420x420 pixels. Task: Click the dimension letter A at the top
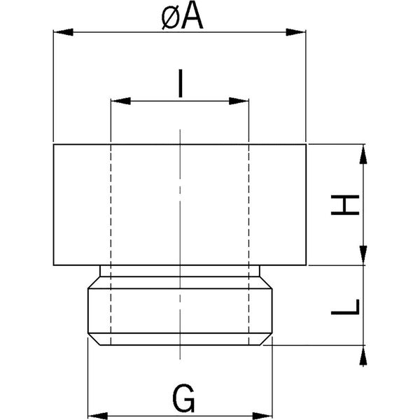pyautogui.click(x=192, y=17)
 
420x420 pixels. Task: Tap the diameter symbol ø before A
pyautogui.click(x=171, y=20)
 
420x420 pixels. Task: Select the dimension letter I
pyautogui.click(x=181, y=83)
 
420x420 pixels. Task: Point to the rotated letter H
pyautogui.click(x=345, y=205)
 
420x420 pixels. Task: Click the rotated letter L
pyautogui.click(x=345, y=307)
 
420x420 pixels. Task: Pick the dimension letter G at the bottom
pyautogui.click(x=183, y=398)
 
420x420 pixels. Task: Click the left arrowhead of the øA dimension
pyautogui.click(x=63, y=32)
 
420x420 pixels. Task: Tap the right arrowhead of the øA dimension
pyautogui.click(x=296, y=32)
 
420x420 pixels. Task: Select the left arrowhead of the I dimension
pyautogui.click(x=120, y=101)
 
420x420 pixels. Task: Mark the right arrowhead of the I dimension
pyautogui.click(x=239, y=101)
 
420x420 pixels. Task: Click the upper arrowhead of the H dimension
pyautogui.click(x=363, y=154)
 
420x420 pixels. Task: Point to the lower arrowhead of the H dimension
pyautogui.click(x=363, y=255)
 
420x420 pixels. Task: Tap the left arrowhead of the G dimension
pyautogui.click(x=98, y=416)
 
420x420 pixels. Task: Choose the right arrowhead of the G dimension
pyautogui.click(x=262, y=416)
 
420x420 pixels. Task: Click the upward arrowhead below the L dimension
pyautogui.click(x=363, y=355)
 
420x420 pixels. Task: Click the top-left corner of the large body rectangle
pyautogui.click(x=54, y=145)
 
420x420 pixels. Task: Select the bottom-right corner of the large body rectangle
pyautogui.click(x=306, y=265)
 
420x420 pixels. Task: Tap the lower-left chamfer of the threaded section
pyautogui.click(x=94, y=339)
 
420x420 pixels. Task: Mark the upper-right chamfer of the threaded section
pyautogui.click(x=266, y=283)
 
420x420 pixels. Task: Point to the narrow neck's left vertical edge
pyautogui.click(x=100, y=271)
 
